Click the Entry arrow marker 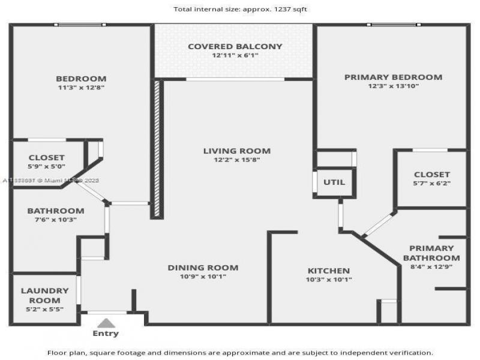[x=105, y=323]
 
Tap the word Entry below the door [x=106, y=334]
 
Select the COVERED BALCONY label [x=235, y=46]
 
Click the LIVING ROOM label [x=236, y=151]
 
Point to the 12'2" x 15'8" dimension [x=236, y=160]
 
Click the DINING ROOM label [x=203, y=268]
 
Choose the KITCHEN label [x=329, y=271]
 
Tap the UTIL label [x=334, y=182]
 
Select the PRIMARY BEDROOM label [x=393, y=77]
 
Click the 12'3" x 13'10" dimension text [x=393, y=86]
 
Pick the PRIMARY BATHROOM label [x=431, y=253]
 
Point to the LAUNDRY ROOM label [x=45, y=295]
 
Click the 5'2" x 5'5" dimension [x=45, y=309]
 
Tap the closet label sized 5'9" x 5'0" [x=47, y=158]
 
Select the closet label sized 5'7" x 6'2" [x=431, y=175]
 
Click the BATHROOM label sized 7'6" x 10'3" [x=55, y=211]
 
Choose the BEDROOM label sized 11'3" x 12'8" [x=81, y=79]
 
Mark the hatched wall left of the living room [x=158, y=148]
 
